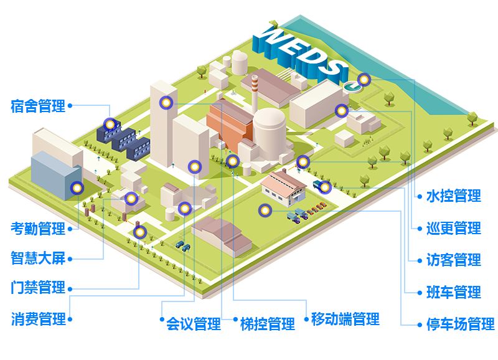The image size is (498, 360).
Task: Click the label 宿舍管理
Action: click(x=38, y=106)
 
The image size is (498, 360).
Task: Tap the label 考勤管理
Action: click(x=38, y=229)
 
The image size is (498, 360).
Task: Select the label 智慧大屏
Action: click(x=38, y=257)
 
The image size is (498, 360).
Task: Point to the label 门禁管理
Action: click(x=38, y=288)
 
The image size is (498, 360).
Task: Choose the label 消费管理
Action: click(x=38, y=320)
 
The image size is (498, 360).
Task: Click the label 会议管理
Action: click(x=193, y=324)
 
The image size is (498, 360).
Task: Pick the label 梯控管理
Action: click(x=268, y=324)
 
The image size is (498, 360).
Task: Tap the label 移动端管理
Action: click(x=345, y=320)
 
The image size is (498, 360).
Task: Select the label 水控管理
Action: click(x=453, y=196)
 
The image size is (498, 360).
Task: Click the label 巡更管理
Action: click(x=453, y=228)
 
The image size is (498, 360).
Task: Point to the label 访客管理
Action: click(x=453, y=260)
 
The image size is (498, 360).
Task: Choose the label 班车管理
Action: click(x=453, y=291)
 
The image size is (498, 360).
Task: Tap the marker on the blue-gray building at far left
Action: click(x=77, y=187)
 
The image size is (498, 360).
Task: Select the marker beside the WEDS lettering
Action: click(x=364, y=80)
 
